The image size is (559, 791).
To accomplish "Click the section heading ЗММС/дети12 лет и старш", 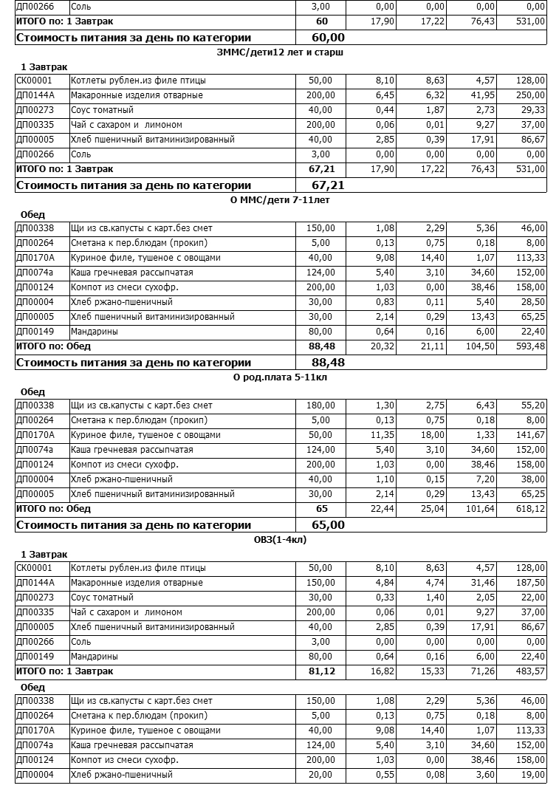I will tap(281, 52).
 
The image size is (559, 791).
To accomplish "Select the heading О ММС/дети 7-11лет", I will tap(279, 200).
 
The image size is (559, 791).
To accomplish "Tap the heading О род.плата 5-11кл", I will tap(279, 377).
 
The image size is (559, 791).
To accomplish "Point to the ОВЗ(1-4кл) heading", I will tap(279, 540).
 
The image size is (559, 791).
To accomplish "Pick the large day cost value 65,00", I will tap(328, 524).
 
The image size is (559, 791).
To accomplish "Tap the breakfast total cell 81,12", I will tap(320, 671).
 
